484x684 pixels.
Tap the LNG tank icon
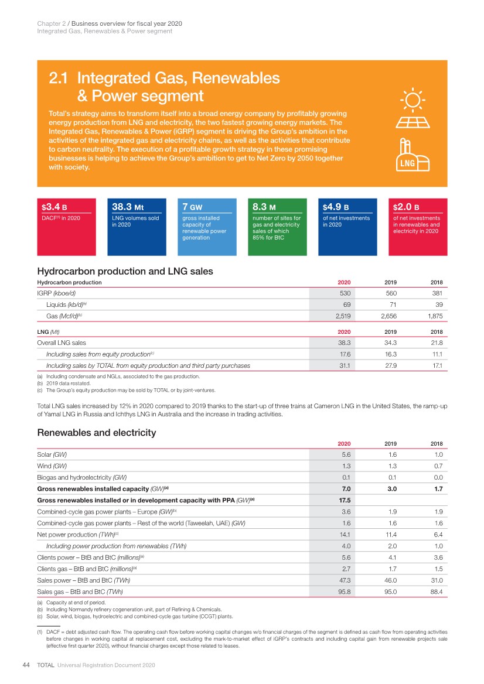(415, 156)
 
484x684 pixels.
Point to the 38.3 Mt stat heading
(128, 207)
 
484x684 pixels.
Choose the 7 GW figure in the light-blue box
(192, 207)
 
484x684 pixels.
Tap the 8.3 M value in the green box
(264, 207)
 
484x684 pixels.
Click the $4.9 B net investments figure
(336, 207)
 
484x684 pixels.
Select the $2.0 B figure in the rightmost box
(406, 207)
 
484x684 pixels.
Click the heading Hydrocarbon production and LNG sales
(125, 271)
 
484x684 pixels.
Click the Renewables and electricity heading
(97, 433)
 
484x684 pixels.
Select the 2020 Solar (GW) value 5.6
(346, 454)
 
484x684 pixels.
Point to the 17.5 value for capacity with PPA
(345, 499)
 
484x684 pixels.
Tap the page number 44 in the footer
(26, 665)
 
